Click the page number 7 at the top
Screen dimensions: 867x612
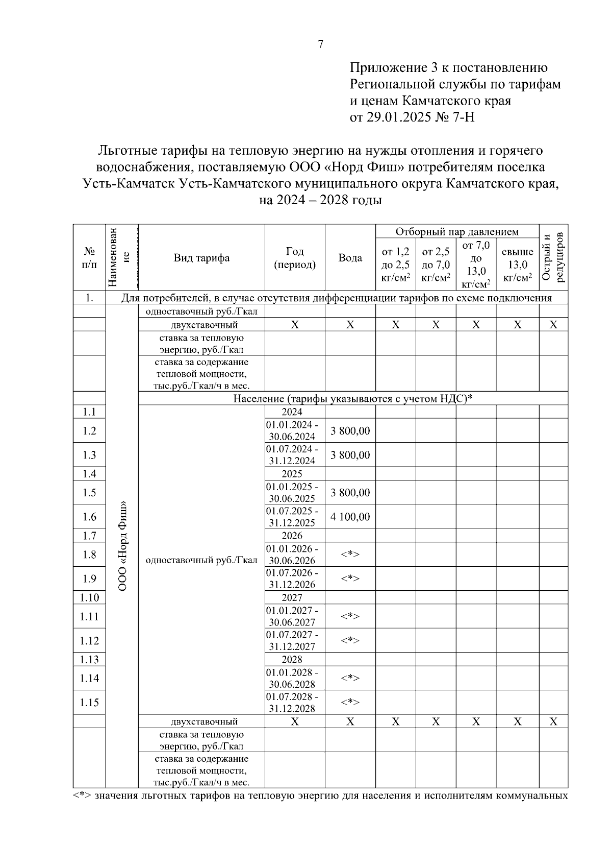click(x=320, y=44)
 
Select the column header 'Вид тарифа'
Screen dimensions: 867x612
click(x=201, y=258)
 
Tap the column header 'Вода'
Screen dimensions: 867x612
click(x=350, y=258)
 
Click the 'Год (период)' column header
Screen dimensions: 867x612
click(x=295, y=258)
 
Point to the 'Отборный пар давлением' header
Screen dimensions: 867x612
click(x=457, y=231)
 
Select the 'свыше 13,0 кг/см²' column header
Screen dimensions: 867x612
click(x=517, y=264)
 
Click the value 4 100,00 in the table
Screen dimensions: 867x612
click(x=350, y=517)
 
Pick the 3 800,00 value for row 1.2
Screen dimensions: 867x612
click(x=350, y=431)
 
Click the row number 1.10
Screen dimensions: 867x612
click(x=89, y=597)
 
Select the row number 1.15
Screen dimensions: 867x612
click(x=89, y=703)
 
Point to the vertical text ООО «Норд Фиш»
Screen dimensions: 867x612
click(x=122, y=546)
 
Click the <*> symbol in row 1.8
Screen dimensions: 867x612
click(x=350, y=555)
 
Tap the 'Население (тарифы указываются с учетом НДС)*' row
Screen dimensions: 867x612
click(x=353, y=398)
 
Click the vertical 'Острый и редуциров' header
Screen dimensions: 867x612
click(x=553, y=258)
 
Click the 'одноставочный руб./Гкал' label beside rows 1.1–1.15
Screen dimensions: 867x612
click(x=201, y=560)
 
